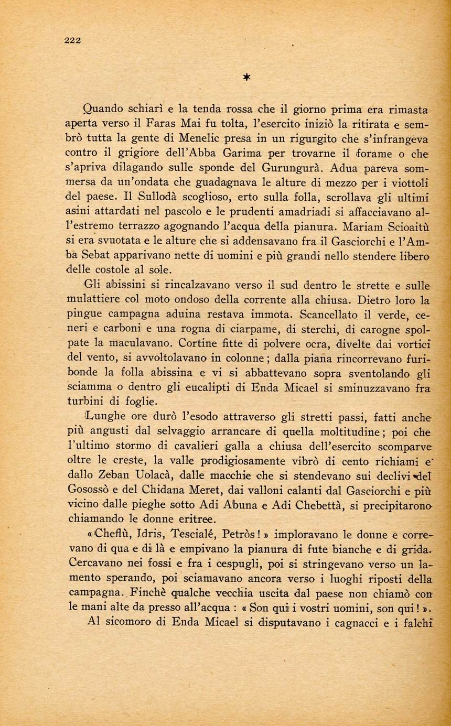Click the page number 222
(x=72, y=41)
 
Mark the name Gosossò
(x=90, y=491)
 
